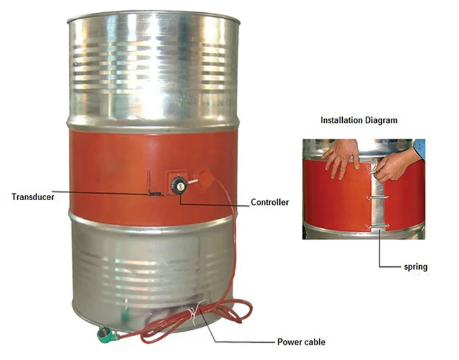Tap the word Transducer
pyautogui.click(x=32, y=196)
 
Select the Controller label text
pyautogui.click(x=269, y=203)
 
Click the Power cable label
pyautogui.click(x=300, y=342)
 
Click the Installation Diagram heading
pyautogui.click(x=358, y=120)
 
